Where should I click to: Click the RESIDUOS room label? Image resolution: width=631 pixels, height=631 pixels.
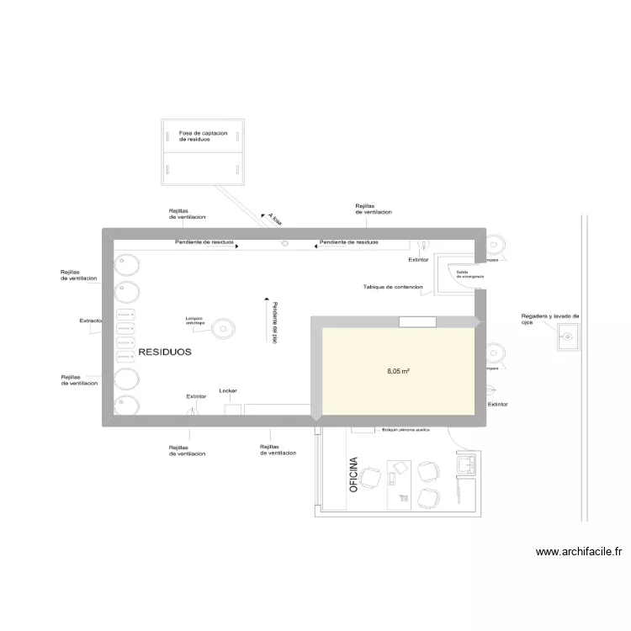[x=165, y=353]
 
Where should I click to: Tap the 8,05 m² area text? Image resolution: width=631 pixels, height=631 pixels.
[x=398, y=370]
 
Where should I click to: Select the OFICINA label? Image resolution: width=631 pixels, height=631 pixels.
[x=353, y=475]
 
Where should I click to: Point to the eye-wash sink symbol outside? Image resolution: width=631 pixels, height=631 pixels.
[x=568, y=337]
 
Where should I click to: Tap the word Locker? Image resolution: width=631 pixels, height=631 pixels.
[x=228, y=390]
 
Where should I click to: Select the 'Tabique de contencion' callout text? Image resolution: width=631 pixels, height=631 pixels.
[x=392, y=287]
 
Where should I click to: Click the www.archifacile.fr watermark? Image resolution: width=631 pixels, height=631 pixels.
[x=579, y=552]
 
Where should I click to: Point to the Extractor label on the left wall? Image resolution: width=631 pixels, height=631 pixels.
[x=91, y=321]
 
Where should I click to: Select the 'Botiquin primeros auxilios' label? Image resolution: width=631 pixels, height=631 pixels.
[x=406, y=429]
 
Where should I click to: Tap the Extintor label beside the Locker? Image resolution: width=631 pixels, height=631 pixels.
[x=195, y=395]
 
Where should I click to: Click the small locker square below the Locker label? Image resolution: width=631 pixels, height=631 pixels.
[x=233, y=409]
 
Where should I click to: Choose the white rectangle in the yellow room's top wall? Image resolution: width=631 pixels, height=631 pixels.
[x=416, y=321]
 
